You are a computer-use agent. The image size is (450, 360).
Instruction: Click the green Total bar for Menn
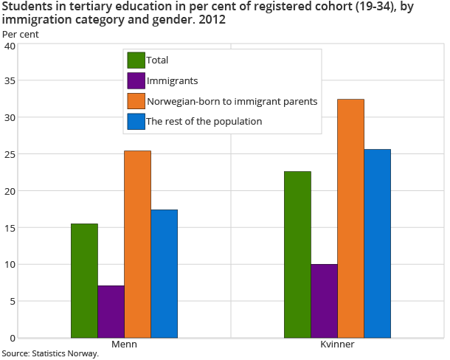pyautogui.click(x=84, y=280)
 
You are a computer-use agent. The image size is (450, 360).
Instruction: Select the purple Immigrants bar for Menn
pyautogui.click(x=111, y=311)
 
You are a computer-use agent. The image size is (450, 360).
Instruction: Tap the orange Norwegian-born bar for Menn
pyautogui.click(x=137, y=244)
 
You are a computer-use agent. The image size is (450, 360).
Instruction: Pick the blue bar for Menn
pyautogui.click(x=164, y=274)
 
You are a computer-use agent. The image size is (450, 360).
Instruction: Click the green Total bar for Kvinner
pyautogui.click(x=297, y=255)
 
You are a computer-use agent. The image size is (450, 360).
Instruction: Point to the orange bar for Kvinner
pyautogui.click(x=350, y=218)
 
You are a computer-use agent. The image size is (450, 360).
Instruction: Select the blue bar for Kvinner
pyautogui.click(x=377, y=243)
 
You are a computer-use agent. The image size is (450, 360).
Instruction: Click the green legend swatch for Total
pyautogui.click(x=136, y=60)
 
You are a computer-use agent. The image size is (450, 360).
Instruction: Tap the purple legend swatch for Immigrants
pyautogui.click(x=136, y=80)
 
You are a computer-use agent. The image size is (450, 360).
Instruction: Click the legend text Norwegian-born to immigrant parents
pyautogui.click(x=232, y=101)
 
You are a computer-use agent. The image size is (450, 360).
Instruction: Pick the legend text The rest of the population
pyautogui.click(x=204, y=121)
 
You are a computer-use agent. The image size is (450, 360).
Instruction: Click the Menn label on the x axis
pyautogui.click(x=124, y=345)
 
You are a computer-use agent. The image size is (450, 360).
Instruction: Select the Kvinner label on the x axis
pyautogui.click(x=337, y=345)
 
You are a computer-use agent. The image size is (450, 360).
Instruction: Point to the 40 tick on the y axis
pyautogui.click(x=9, y=46)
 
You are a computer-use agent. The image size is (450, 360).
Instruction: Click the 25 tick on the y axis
pyautogui.click(x=9, y=155)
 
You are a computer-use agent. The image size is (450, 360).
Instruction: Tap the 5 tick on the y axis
pyautogui.click(x=12, y=301)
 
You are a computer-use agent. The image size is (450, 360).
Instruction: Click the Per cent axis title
pyautogui.click(x=21, y=34)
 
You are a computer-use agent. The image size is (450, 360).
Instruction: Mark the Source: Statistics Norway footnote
pyautogui.click(x=49, y=354)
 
